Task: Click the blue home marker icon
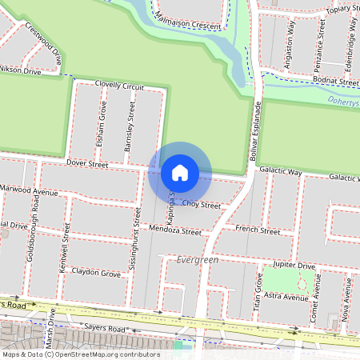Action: tap(179, 173)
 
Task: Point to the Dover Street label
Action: tap(87, 164)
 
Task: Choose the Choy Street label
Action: tap(201, 205)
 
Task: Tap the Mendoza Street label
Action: tap(175, 231)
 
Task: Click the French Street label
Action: tap(258, 231)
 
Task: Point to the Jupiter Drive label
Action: tap(294, 264)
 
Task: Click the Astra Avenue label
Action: tap(286, 297)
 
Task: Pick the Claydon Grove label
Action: tap(96, 274)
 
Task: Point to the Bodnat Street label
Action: tap(337, 82)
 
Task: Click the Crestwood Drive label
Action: tap(43, 43)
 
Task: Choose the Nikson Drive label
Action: tap(20, 71)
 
